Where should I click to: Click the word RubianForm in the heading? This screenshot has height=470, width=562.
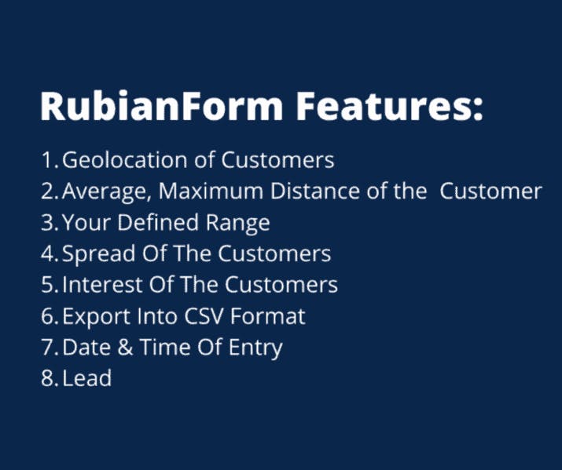tap(162, 106)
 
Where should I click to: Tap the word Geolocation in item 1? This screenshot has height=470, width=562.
tap(125, 161)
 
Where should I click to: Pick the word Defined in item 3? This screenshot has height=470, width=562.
tap(158, 222)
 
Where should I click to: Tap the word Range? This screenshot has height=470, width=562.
tap(237, 224)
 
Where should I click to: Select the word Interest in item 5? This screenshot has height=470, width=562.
tap(102, 285)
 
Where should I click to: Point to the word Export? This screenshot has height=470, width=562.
tap(96, 317)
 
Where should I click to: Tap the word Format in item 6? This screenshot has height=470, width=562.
tap(267, 316)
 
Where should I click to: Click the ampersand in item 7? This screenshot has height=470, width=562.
tap(125, 348)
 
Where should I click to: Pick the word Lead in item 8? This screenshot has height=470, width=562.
tap(86, 378)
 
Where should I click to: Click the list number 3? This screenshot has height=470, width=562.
tap(48, 222)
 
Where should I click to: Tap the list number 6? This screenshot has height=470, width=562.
tap(48, 316)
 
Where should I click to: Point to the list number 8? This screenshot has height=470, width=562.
tap(48, 378)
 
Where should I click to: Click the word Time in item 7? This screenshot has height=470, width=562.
tap(165, 348)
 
